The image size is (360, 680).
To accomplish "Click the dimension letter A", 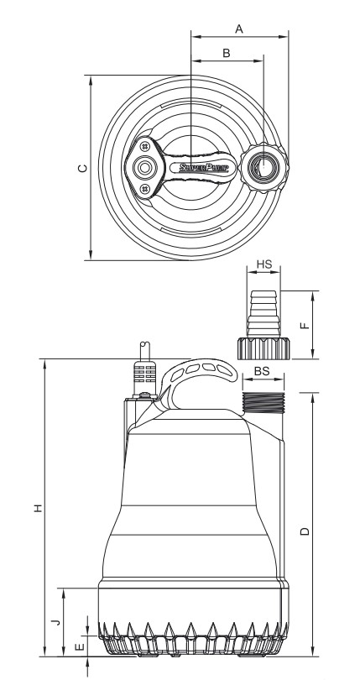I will click(x=238, y=29).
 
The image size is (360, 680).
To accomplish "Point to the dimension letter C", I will click(x=81, y=168).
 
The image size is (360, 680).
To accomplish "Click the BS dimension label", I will click(x=262, y=369).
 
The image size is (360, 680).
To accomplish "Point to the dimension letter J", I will click(x=54, y=622).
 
